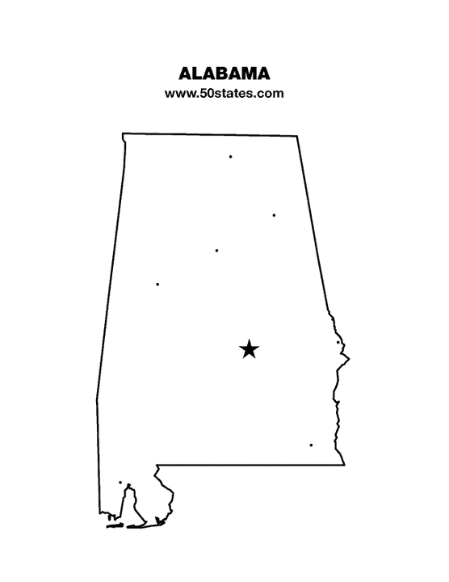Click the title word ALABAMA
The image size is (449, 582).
coord(224,74)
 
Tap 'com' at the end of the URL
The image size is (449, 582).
coord(271,94)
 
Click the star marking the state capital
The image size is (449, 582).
coord(250,349)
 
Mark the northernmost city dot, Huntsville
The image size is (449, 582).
coord(230,156)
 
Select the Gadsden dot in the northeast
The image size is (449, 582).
coord(274,215)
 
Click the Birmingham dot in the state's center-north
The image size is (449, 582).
coord(216,251)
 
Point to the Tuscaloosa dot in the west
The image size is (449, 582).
coord(157,284)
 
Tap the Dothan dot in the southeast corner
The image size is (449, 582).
coord(311,445)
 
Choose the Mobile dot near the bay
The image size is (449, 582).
coord(120,483)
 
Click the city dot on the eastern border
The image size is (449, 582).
coord(338,342)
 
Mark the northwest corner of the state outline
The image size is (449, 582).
coord(123,134)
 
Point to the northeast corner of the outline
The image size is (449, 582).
coord(297,136)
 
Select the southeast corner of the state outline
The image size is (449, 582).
coord(344,465)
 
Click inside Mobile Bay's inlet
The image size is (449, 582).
coord(132,505)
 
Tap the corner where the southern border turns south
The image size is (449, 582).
coord(156,466)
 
